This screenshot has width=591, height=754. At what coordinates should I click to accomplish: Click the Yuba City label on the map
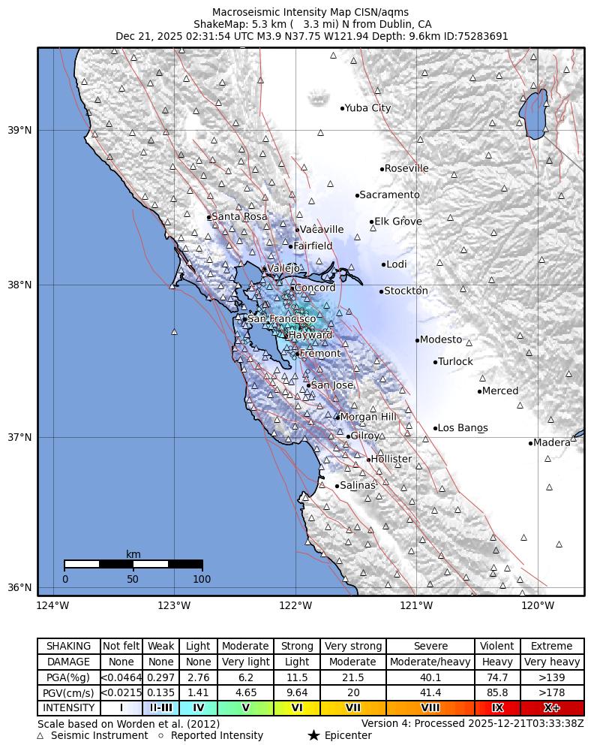click(x=367, y=108)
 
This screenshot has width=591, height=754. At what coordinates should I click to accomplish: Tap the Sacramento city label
click(x=389, y=195)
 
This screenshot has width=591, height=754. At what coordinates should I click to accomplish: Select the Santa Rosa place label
click(x=239, y=217)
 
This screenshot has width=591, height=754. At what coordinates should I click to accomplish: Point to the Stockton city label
click(x=406, y=291)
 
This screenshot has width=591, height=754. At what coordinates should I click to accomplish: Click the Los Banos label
click(x=463, y=429)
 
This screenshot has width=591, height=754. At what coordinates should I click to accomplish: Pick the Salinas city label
click(x=357, y=486)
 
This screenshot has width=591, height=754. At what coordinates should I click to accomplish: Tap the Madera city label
click(x=552, y=443)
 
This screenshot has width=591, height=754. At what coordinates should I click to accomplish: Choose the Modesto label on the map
click(x=441, y=340)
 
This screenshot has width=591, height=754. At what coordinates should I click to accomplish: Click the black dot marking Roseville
click(x=382, y=169)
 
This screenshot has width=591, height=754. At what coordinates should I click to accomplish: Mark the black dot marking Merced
click(x=479, y=391)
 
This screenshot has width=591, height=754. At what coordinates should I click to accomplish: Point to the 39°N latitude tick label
click(x=19, y=131)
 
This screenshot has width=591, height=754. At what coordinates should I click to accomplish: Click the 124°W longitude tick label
click(x=52, y=605)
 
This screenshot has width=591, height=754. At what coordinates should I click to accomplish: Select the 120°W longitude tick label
click(x=538, y=605)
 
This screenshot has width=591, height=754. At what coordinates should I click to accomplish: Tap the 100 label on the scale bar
click(x=202, y=579)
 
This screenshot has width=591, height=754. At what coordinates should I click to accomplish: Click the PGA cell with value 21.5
click(x=352, y=677)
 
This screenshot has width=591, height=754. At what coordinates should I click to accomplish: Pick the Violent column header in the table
click(x=497, y=646)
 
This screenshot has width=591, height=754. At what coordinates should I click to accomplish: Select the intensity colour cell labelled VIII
click(x=430, y=707)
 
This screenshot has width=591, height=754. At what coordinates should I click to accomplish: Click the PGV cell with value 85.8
click(x=497, y=692)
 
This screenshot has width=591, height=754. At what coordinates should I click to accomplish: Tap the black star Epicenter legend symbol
click(x=313, y=736)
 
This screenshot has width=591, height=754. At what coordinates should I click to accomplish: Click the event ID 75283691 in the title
click(x=479, y=36)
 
